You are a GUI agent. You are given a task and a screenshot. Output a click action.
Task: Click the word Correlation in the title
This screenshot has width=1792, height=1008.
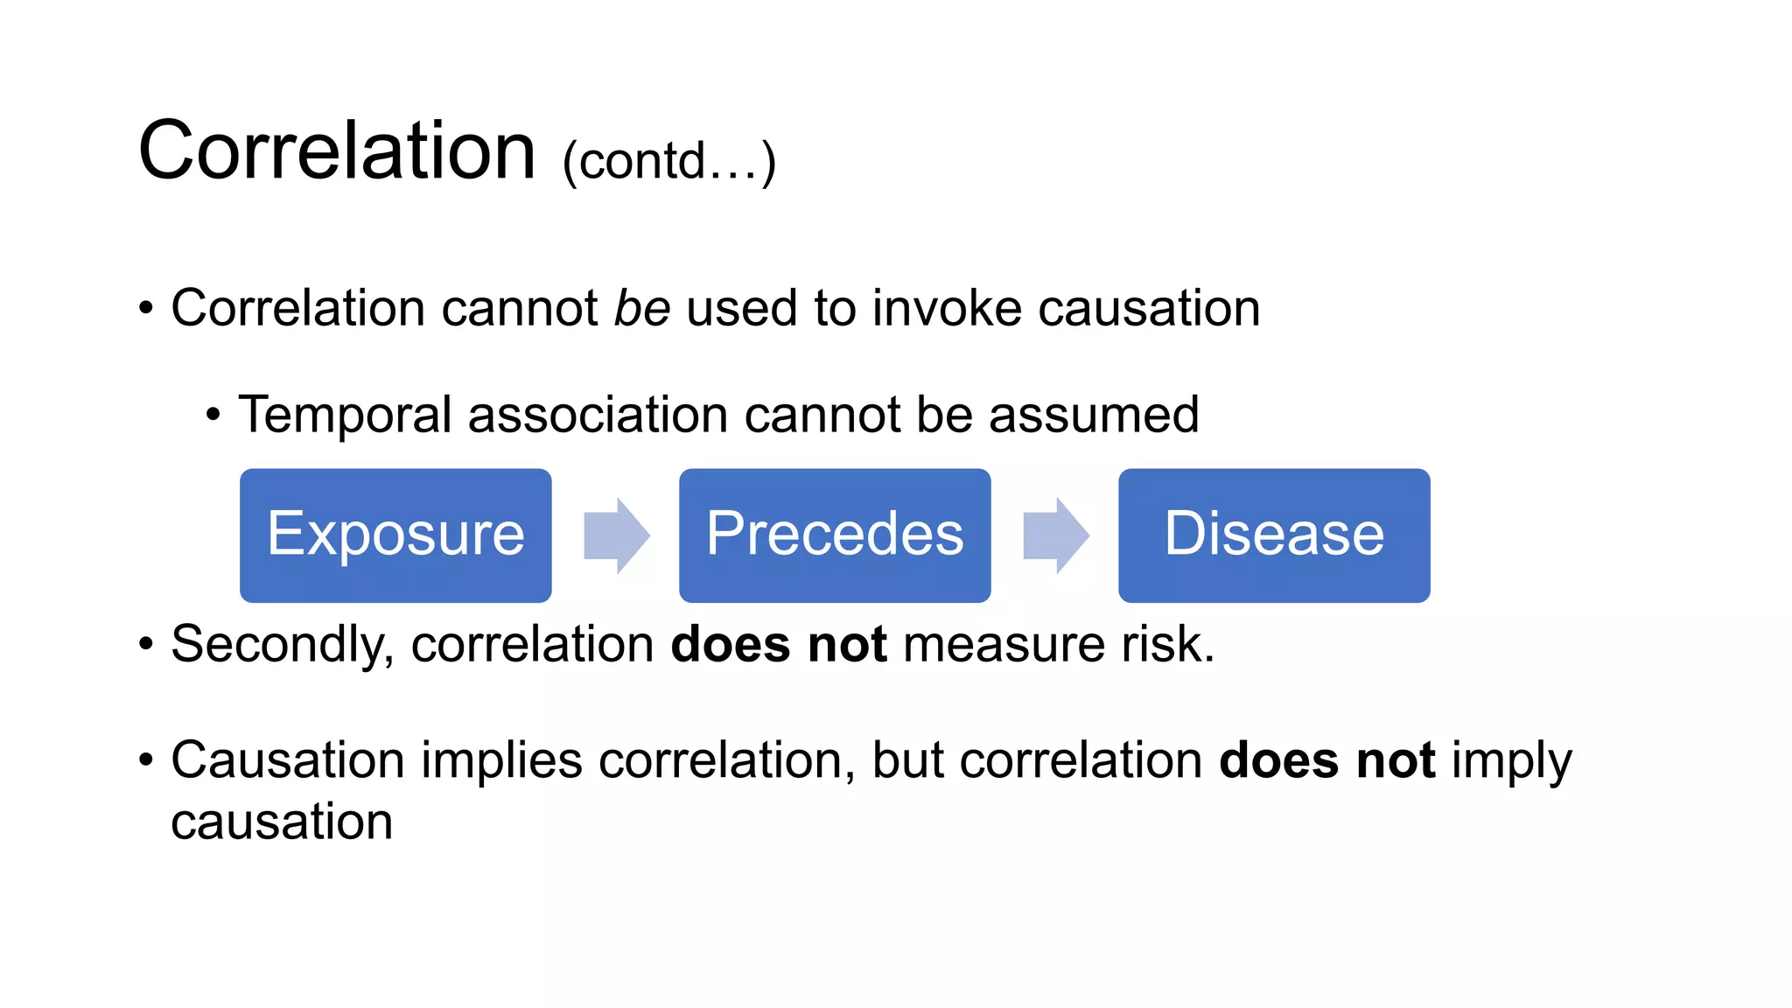(337, 150)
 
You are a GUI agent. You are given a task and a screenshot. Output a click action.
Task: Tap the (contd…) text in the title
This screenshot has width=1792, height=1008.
(669, 161)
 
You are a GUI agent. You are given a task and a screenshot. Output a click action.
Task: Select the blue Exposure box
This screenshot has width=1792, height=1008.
(395, 535)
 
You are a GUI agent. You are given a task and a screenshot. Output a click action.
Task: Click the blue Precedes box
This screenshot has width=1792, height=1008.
(835, 535)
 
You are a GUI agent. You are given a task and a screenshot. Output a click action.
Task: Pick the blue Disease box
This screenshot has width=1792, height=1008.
(1274, 535)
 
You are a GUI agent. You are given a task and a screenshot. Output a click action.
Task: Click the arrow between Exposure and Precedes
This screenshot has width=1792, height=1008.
(617, 535)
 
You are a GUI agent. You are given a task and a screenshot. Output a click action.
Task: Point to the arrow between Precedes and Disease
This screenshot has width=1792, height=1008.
(1056, 535)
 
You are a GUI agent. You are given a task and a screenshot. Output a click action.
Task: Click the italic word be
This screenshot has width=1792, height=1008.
(642, 308)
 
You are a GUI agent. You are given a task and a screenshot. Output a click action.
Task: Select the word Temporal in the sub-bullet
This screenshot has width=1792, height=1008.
(345, 415)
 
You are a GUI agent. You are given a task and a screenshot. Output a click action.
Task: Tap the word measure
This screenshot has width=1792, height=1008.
(1004, 645)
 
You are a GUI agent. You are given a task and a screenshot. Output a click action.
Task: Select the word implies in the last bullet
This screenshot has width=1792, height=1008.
(501, 759)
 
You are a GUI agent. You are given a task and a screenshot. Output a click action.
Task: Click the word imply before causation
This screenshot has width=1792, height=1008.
(1511, 761)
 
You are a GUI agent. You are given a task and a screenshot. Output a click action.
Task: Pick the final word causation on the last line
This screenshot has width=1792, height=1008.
(282, 822)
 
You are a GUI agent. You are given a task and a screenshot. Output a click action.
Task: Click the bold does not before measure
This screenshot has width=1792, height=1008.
(779, 645)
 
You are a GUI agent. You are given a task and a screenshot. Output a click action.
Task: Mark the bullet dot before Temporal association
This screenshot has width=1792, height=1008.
(213, 416)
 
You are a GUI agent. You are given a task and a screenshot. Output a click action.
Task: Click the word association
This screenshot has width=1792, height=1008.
(598, 415)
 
